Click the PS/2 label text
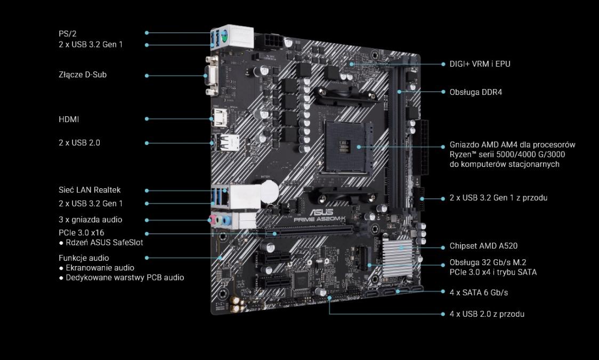coord(68,34)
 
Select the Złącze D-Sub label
coord(83,75)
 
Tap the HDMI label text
coord(69,119)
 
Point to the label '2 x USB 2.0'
coord(79,142)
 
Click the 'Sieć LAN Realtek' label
coord(90,190)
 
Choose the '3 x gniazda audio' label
coord(91,219)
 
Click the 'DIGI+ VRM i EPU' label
coord(480,64)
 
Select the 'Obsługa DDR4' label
coord(475,92)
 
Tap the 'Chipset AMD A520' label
coord(484,246)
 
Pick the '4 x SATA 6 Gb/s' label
coord(479,293)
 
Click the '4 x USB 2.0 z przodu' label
coord(487,314)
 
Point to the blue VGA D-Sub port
coord(211,76)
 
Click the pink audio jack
coord(211,220)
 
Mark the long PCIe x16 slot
coord(305,231)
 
